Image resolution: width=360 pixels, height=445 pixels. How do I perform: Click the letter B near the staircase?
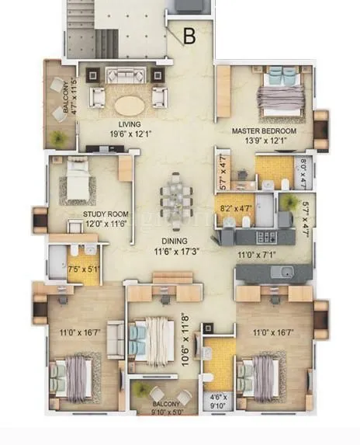(x=189, y=35)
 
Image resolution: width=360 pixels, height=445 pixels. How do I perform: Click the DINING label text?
(x=168, y=242)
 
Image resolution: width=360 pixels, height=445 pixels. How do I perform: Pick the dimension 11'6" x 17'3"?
(x=168, y=252)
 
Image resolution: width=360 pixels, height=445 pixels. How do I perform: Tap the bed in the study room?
(x=80, y=178)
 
